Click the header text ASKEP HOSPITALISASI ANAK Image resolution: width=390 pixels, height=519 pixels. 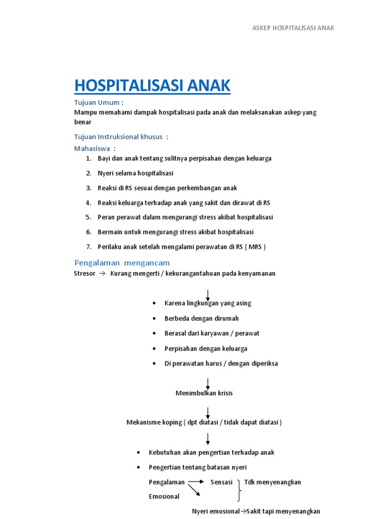293,28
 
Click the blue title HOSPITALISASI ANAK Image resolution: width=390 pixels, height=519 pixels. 152,86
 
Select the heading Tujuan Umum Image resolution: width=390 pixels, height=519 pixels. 99,103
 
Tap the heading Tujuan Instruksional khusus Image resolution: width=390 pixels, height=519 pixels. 121,137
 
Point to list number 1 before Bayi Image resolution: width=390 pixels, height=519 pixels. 89,159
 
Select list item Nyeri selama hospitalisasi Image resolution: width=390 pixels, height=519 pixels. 136,173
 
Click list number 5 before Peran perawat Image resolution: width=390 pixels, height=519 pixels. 89,217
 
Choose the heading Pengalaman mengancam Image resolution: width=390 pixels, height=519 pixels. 122,263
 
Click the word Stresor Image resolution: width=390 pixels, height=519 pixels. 85,274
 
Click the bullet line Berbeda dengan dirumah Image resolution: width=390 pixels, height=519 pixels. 202,318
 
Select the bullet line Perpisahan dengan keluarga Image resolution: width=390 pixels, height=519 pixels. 206,349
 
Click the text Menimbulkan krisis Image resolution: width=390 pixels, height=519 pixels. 204,393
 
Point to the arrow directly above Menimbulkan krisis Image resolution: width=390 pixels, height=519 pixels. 208,383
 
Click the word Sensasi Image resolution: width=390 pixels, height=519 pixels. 221,483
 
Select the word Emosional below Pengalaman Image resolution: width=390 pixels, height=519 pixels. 164,497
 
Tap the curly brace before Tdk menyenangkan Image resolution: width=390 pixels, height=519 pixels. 239,489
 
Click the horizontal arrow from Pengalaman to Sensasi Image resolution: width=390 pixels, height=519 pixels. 196,483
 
